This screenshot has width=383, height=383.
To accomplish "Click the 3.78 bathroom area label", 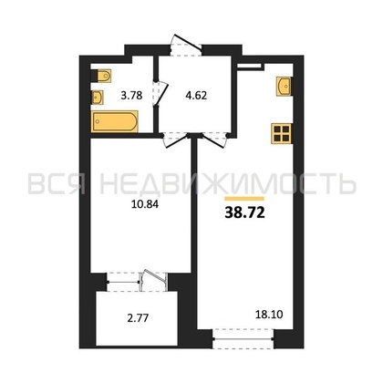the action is (131, 96).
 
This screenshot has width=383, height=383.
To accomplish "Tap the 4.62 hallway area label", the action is (196, 96).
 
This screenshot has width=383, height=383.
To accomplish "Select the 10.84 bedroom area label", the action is (145, 204).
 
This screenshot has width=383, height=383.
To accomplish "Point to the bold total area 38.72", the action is (244, 213).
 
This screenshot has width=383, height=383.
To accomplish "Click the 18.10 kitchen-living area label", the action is (269, 315).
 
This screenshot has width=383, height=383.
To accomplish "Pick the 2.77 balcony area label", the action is (138, 318).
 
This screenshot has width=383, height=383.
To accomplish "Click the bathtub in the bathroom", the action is (115, 121).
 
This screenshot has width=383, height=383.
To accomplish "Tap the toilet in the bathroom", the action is (101, 76).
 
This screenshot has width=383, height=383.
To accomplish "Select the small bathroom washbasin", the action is (98, 98).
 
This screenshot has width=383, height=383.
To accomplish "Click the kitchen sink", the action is (285, 87).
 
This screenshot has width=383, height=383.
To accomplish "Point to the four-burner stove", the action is (282, 133).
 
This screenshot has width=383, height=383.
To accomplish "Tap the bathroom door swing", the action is (160, 93).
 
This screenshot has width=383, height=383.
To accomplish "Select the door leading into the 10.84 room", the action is (174, 140).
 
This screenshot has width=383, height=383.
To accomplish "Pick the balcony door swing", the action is (154, 279).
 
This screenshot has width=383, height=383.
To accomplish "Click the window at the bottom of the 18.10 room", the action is (243, 338).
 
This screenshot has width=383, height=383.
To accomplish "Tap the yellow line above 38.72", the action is (244, 199).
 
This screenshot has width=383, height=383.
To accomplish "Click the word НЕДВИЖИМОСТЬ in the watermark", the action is (228, 183).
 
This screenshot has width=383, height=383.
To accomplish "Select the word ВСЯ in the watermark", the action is (57, 183).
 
